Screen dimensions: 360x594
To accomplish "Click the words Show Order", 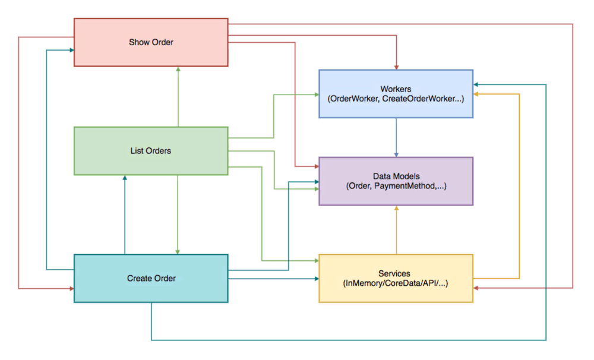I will coord(151,42).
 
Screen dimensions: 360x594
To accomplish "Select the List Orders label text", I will coord(150,151).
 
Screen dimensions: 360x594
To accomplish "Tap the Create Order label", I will coord(151,278).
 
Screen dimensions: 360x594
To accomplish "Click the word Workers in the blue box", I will coord(396,89).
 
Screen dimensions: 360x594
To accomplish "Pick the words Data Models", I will coord(396,176).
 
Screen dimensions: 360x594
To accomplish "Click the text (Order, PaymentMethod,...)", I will coord(396,186).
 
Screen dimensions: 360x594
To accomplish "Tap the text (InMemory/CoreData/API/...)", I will coord(396,283).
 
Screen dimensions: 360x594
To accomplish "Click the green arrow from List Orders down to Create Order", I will coord(178,214).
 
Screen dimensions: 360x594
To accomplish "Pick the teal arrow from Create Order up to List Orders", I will coord(125,214).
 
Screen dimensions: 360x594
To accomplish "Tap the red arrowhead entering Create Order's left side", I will coord(71,289).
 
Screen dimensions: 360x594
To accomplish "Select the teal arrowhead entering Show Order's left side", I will coord(71,50).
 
